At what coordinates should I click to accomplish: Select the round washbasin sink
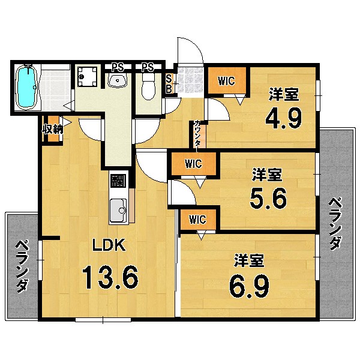(x=118, y=80)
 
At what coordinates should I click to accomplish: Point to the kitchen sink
(x=119, y=210)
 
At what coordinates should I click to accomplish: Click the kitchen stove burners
(x=119, y=180)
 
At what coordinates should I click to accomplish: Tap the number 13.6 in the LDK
(x=110, y=277)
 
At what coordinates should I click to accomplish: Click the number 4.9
(x=283, y=119)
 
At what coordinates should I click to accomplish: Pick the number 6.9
(x=250, y=286)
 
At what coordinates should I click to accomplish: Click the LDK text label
(x=108, y=245)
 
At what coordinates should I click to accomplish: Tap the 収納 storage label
(x=52, y=129)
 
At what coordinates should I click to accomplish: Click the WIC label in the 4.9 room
(x=226, y=81)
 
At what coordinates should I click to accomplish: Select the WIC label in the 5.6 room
(x=193, y=163)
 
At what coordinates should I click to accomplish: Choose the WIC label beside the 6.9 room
(x=198, y=219)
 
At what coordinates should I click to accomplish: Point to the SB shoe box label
(x=169, y=82)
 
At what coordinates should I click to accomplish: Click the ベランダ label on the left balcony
(x=22, y=266)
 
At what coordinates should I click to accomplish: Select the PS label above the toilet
(x=148, y=66)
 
